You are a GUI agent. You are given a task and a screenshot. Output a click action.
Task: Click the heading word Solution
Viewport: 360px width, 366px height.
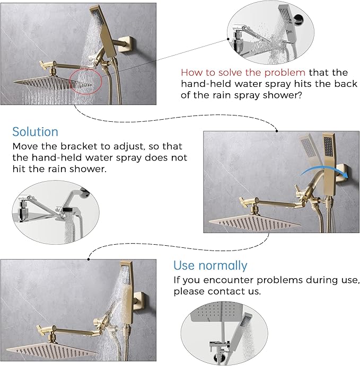coord(36,131)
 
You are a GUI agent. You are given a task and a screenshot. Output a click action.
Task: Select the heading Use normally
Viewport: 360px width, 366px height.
coord(210,265)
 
